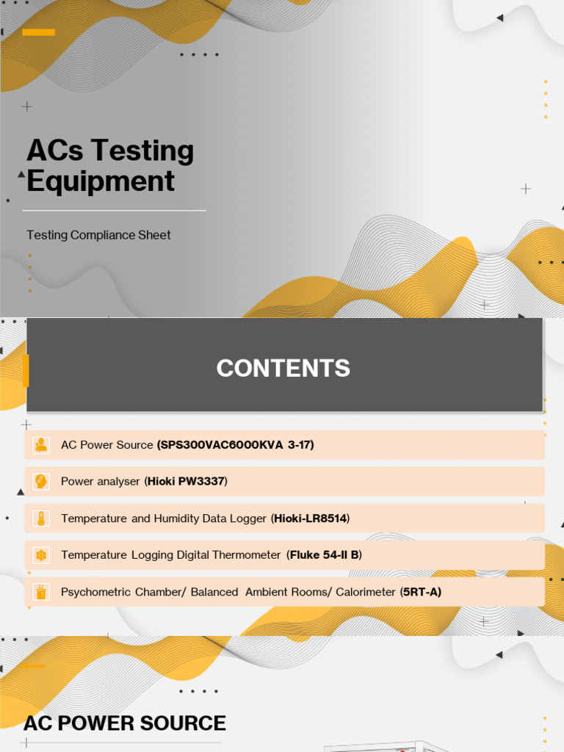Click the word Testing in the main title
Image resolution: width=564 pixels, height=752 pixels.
152,151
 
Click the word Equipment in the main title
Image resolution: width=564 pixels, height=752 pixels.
101,181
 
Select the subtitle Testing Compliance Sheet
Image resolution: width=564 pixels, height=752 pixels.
98,235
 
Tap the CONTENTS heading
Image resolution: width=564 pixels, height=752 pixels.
283,368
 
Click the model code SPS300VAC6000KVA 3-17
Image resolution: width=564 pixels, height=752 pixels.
236,445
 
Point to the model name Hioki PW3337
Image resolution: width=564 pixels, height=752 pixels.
187,482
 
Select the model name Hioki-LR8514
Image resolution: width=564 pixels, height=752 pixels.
311,518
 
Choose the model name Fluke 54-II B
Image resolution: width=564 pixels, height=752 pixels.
325,555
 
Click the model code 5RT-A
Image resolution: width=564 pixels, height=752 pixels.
421,592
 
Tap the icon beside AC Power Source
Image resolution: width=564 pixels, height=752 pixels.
41,445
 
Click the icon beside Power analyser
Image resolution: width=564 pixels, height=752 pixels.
41,482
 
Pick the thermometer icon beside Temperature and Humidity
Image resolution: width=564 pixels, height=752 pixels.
41,518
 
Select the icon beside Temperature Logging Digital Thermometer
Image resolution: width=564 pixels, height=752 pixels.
41,555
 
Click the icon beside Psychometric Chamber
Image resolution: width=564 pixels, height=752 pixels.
41,592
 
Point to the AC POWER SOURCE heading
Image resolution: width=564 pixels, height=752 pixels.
125,723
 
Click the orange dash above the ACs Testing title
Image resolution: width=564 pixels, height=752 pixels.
38,32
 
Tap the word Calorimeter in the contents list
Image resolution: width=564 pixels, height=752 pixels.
366,592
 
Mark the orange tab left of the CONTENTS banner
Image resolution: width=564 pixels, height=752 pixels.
26,371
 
